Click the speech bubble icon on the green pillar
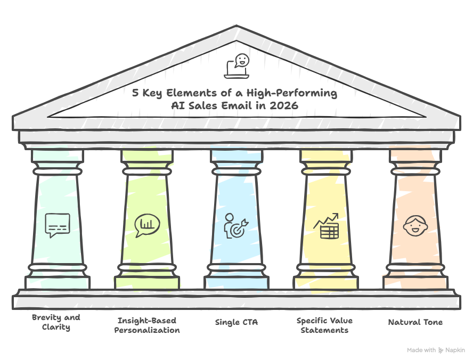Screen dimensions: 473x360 (x=57, y=225)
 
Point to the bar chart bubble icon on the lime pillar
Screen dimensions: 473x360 (x=146, y=225)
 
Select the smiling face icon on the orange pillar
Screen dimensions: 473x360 (x=415, y=225)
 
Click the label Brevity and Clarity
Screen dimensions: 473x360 (x=56, y=322)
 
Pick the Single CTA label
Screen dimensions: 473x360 (x=236, y=322)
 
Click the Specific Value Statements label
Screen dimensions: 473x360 (x=324, y=325)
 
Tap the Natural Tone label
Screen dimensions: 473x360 (x=415, y=322)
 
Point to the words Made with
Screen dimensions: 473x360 (x=421, y=350)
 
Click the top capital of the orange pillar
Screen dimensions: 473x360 (x=415, y=156)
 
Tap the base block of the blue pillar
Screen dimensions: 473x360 (x=236, y=281)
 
